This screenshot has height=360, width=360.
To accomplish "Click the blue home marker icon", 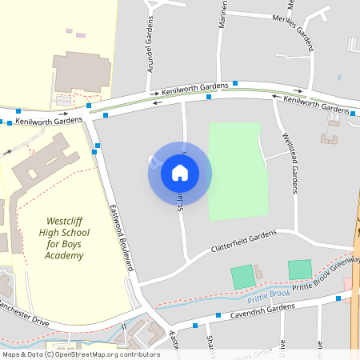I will tap(179, 172).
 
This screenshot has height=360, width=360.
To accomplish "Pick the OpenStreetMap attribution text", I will tap(80, 354).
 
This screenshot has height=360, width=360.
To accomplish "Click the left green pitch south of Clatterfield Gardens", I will tap(242, 277).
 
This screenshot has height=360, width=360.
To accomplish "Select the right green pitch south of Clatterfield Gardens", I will tap(300, 269).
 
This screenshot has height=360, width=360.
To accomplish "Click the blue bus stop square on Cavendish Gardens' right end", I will tap(338, 298).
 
